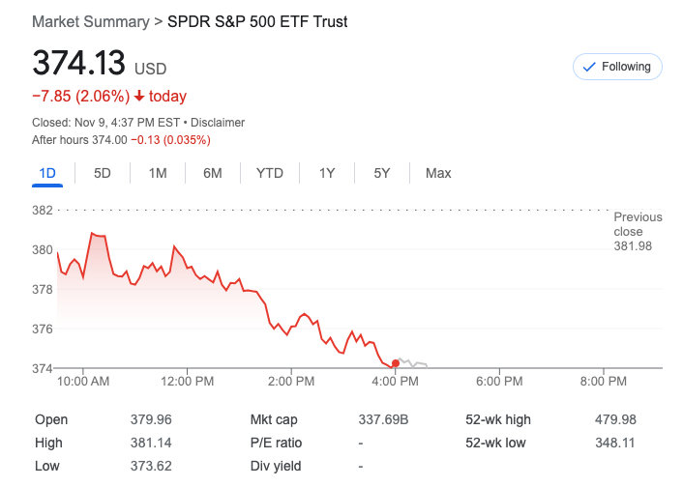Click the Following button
click(618, 67)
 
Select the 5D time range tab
click(102, 173)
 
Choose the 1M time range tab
click(158, 173)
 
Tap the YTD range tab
click(270, 173)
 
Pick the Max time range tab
click(438, 173)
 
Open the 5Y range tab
click(382, 173)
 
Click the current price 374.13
click(79, 64)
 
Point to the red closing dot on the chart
click(396, 363)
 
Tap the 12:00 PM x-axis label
click(187, 382)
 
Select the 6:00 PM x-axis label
click(499, 382)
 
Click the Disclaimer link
click(218, 123)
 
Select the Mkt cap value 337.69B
click(384, 419)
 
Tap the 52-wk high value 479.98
click(615, 419)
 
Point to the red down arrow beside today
click(139, 96)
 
